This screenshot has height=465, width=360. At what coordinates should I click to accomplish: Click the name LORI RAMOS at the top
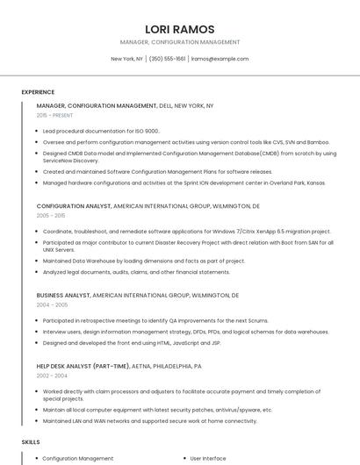pyautogui.click(x=179, y=29)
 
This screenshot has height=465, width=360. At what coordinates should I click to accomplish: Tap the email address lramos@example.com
pyautogui.click(x=220, y=59)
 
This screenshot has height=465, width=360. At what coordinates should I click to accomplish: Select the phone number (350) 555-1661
pyautogui.click(x=167, y=59)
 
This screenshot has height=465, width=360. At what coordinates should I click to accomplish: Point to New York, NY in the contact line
pyautogui.click(x=126, y=59)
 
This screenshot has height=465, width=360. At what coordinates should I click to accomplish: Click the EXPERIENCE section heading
pyautogui.click(x=38, y=91)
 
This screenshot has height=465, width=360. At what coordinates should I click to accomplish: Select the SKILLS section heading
pyautogui.click(x=31, y=442)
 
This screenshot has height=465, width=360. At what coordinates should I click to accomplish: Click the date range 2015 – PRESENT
pyautogui.click(x=54, y=115)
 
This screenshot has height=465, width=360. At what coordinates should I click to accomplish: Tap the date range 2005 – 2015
pyautogui.click(x=51, y=215)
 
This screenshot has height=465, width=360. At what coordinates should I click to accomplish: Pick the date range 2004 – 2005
pyautogui.click(x=52, y=304)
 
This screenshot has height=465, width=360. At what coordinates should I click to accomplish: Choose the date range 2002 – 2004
pyautogui.click(x=52, y=375)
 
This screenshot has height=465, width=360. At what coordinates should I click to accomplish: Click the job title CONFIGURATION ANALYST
pyautogui.click(x=74, y=205)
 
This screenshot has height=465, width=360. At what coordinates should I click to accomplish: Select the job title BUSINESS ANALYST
pyautogui.click(x=63, y=296)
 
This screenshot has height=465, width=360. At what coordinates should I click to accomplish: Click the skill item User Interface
pyautogui.click(x=208, y=458)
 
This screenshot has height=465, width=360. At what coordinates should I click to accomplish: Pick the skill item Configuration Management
pyautogui.click(x=78, y=458)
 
